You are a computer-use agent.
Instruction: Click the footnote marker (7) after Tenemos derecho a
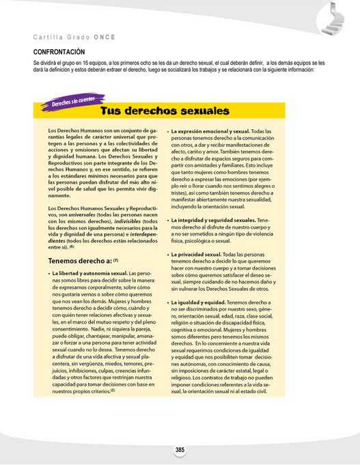pyautogui.click(x=116, y=261)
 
